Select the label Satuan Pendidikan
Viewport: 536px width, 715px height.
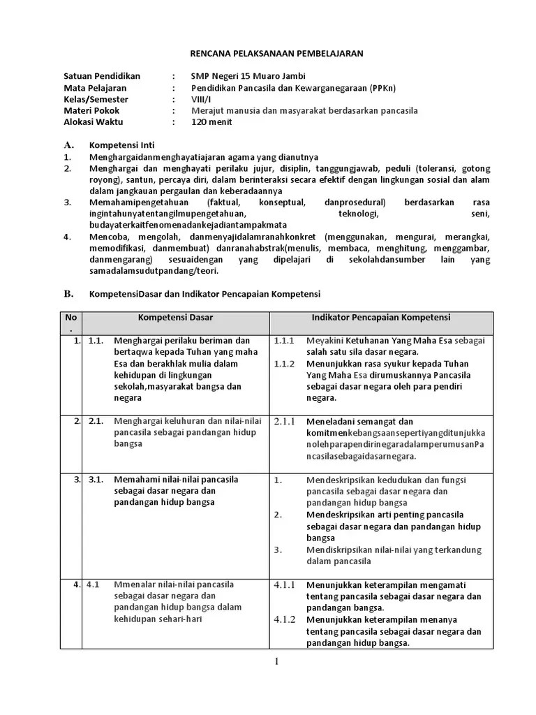point(102,76)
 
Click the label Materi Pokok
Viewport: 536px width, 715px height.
point(91,110)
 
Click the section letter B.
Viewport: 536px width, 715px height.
point(68,293)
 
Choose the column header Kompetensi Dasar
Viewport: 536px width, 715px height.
point(175,318)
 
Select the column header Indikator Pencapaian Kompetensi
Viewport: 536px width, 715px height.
point(380,318)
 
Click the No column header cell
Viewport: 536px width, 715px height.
point(70,323)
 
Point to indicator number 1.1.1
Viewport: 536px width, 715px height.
point(285,341)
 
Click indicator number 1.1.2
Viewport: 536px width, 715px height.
point(285,364)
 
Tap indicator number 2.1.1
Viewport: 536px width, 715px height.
point(285,422)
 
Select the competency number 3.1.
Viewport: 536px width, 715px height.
point(96,480)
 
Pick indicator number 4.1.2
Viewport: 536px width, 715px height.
point(285,619)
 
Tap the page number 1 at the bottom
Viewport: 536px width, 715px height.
point(277,662)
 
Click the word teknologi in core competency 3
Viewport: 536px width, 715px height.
point(358,214)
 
